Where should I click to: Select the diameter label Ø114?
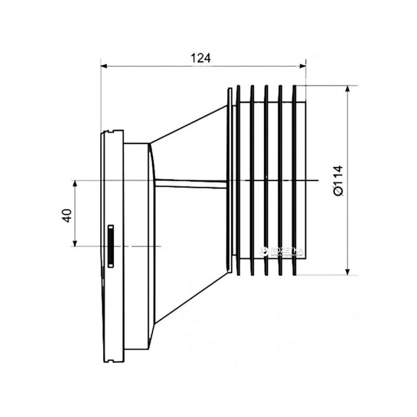[x=338, y=180]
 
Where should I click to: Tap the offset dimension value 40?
[x=66, y=214]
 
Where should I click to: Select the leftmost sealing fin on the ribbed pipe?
[x=238, y=180]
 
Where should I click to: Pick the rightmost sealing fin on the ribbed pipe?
[x=296, y=180]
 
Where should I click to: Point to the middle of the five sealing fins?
[x=266, y=180]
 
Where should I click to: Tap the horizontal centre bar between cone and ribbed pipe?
[x=190, y=182]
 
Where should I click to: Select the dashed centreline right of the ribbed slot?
[x=141, y=246]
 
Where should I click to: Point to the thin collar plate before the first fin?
[x=229, y=180]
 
